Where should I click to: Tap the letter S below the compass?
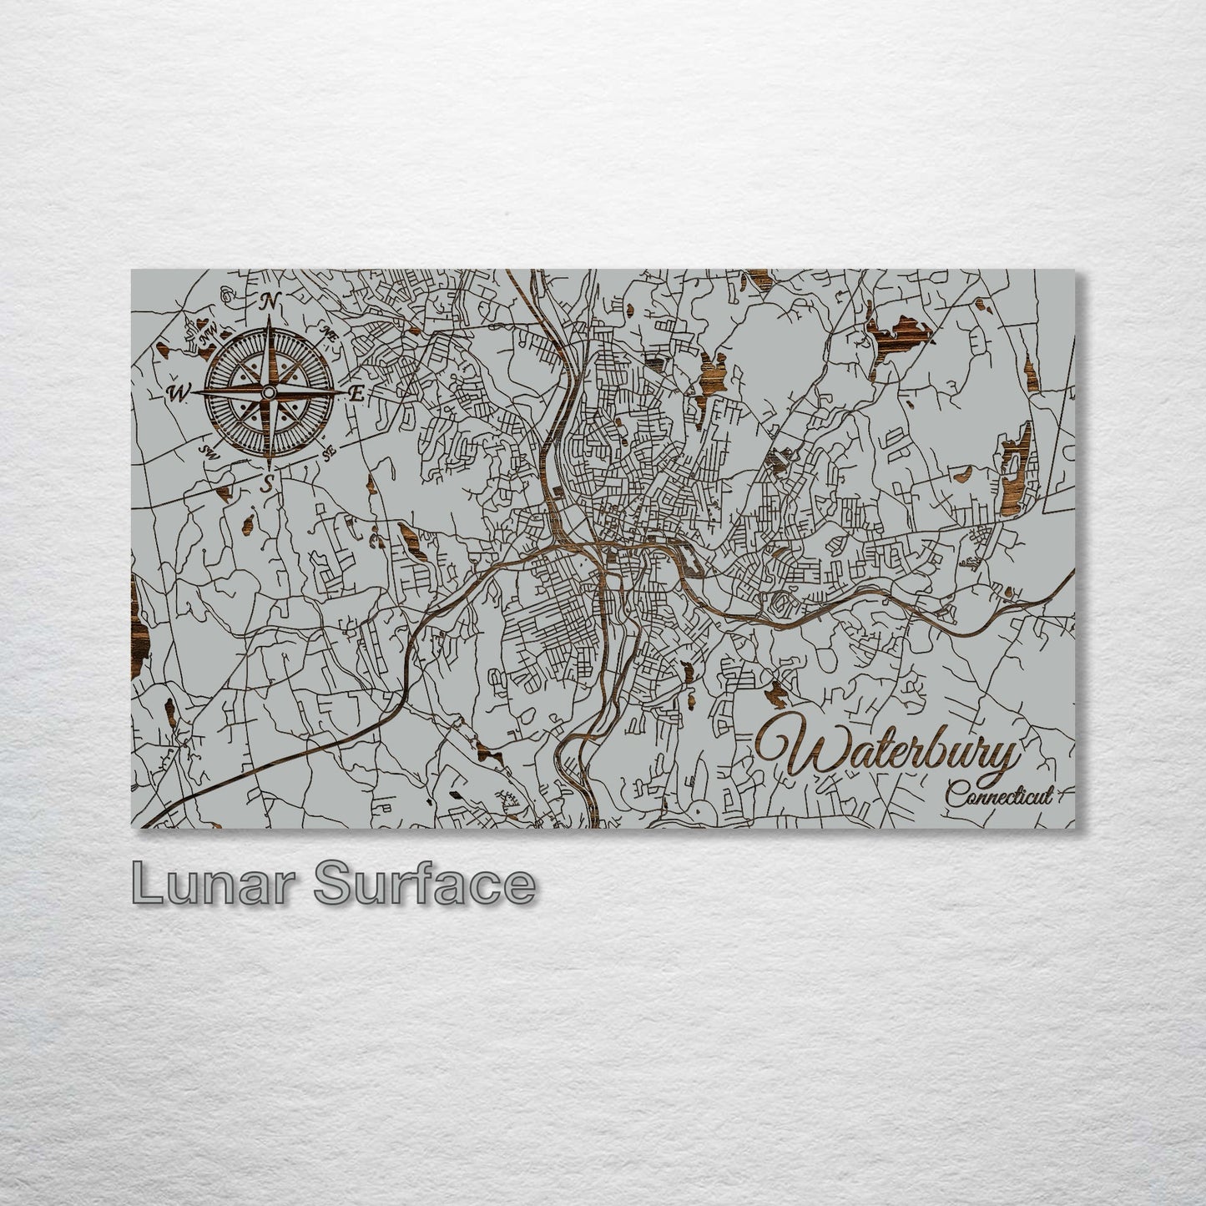point(268,482)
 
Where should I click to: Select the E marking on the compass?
point(356,395)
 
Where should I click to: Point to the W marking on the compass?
point(179,392)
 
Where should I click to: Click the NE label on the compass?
point(328,335)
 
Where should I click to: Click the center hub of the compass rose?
point(269,392)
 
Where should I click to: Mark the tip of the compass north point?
point(270,321)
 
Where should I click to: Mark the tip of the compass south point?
point(268,463)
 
